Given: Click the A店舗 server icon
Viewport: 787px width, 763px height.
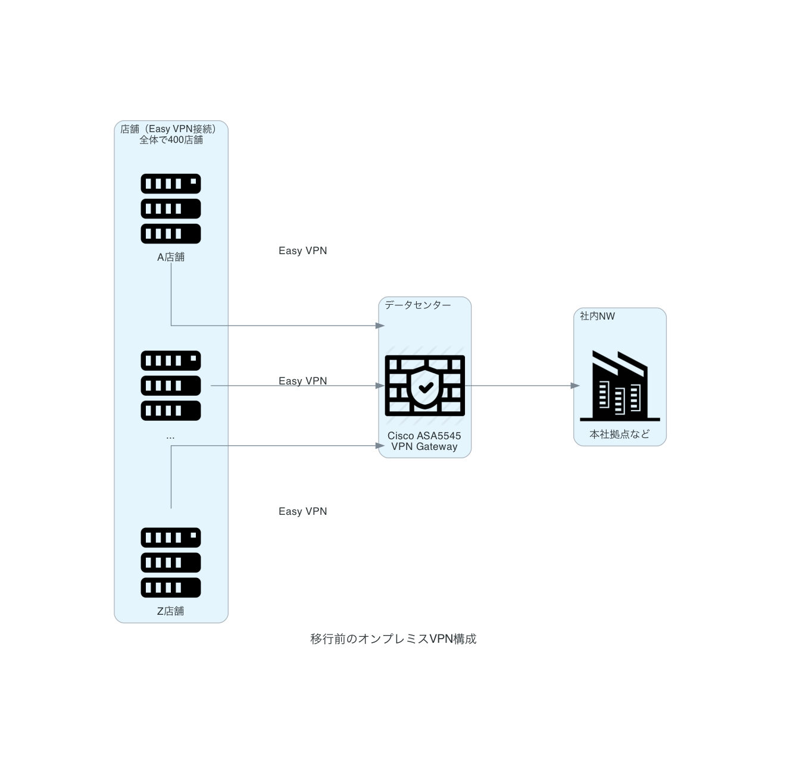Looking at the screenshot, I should tap(171, 208).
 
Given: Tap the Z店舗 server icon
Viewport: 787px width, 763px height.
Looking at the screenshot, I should tap(171, 562).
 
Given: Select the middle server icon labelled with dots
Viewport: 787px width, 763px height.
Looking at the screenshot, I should tap(171, 386).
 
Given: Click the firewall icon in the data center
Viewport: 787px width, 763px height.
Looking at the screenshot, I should tap(424, 386).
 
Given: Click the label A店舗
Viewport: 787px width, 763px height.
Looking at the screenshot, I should tap(171, 257).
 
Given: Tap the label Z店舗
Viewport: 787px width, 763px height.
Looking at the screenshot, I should tap(171, 611).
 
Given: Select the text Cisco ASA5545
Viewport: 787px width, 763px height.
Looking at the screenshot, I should tap(424, 436).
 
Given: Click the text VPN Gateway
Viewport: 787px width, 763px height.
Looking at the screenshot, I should tap(424, 447).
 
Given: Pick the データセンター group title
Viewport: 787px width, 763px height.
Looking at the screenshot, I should tap(418, 305).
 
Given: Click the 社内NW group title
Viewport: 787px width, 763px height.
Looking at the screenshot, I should tap(597, 316).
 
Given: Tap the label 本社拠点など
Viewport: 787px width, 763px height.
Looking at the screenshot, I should tap(620, 434).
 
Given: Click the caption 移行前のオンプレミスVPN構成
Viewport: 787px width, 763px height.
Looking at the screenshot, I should tap(393, 639).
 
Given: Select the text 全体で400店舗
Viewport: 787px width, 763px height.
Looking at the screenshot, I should tap(171, 140).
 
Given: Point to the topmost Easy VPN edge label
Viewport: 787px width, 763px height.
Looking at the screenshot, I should tap(302, 251).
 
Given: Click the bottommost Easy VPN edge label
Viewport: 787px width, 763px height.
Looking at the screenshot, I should tap(302, 511).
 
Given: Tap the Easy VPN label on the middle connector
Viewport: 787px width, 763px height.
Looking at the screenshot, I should tap(302, 381).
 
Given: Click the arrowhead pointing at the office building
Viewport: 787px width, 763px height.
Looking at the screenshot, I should tap(575, 386).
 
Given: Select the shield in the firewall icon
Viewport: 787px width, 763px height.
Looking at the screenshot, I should tap(425, 387).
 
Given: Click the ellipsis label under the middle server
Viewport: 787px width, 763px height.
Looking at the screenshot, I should tap(171, 437).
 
